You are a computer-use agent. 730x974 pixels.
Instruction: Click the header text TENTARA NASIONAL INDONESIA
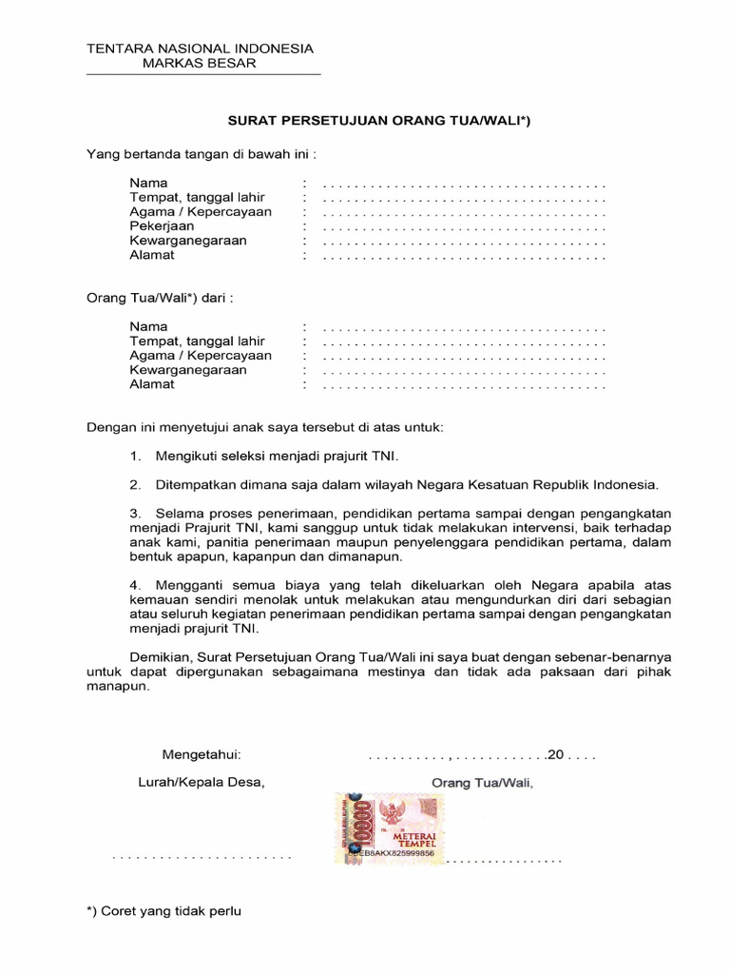pos(200,49)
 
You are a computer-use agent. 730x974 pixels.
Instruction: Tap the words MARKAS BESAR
pos(199,64)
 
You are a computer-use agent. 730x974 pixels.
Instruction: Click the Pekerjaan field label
pos(162,226)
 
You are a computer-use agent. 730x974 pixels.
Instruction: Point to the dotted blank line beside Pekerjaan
pos(464,227)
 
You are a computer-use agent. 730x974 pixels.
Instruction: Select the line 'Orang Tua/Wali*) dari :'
pos(160,298)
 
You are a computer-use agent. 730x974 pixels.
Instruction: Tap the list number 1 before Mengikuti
pos(135,457)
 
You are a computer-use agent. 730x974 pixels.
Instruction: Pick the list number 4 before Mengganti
pos(135,585)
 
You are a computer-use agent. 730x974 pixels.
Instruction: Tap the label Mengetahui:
pos(202,754)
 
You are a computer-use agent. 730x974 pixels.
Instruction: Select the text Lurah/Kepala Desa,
pos(201,783)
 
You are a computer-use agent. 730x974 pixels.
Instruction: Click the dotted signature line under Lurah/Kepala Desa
pos(202,857)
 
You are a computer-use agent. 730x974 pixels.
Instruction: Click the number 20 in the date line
pos(556,754)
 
